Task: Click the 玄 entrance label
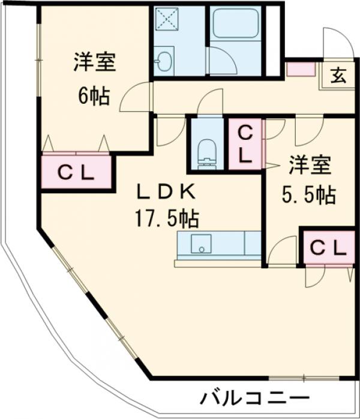(x=338, y=76)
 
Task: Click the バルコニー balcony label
(x=254, y=397)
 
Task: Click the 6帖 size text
(x=93, y=96)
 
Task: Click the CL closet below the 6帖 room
(x=76, y=172)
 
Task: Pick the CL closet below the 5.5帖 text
(x=328, y=246)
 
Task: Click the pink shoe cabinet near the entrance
(x=301, y=68)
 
